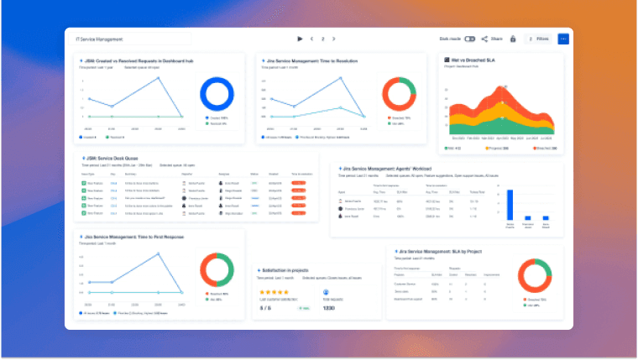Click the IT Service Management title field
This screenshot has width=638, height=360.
click(133, 39)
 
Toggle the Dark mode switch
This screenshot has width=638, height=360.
click(469, 39)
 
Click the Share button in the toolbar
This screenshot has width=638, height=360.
click(492, 39)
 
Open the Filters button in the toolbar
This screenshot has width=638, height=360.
click(538, 39)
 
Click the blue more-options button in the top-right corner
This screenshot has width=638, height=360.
click(563, 39)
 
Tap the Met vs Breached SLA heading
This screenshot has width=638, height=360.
click(471, 61)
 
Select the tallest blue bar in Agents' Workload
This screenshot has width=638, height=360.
click(510, 204)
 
